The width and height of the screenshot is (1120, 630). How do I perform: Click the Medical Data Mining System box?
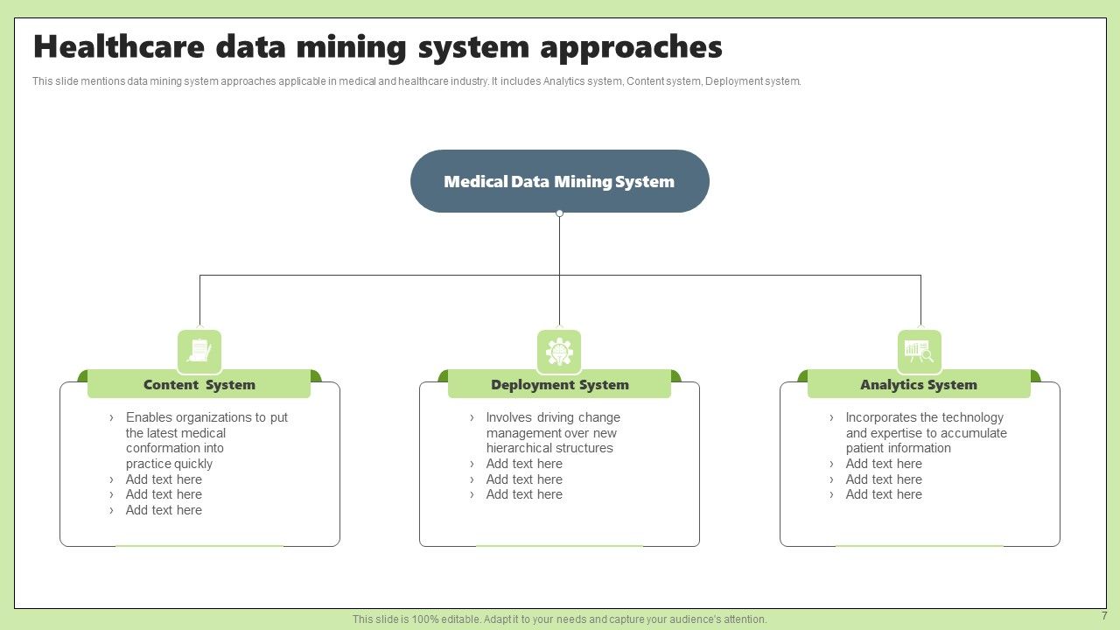pos(559,181)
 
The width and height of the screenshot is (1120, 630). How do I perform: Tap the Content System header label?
pos(199,385)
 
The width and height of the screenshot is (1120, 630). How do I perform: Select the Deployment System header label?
pos(559,385)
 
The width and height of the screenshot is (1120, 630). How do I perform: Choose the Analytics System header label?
pos(919,385)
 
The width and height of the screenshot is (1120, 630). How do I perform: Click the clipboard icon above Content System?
pos(199,352)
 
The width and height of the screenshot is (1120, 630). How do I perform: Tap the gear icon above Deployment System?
pos(559,352)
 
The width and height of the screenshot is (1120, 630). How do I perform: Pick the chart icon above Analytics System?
pos(919,352)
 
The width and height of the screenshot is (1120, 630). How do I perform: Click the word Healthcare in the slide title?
pos(117,46)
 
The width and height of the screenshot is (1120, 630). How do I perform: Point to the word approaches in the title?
pos(631,46)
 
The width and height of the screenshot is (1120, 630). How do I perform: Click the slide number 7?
pos(1103,616)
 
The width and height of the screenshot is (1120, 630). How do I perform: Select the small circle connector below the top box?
pos(559,213)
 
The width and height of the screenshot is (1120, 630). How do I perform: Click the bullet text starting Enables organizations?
pos(206,418)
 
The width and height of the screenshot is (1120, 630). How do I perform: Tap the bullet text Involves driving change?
pos(553,418)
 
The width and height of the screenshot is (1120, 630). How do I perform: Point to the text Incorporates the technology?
pos(924,418)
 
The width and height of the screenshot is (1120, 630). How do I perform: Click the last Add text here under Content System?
pos(164,510)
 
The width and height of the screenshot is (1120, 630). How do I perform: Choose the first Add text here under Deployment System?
pos(524,464)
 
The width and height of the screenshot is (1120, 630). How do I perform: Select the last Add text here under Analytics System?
pos(884,494)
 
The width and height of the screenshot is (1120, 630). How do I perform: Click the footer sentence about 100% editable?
pos(559,619)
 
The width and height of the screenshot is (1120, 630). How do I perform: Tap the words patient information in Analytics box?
pos(898,449)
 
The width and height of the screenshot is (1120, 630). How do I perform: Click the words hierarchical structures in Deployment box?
pos(549,449)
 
